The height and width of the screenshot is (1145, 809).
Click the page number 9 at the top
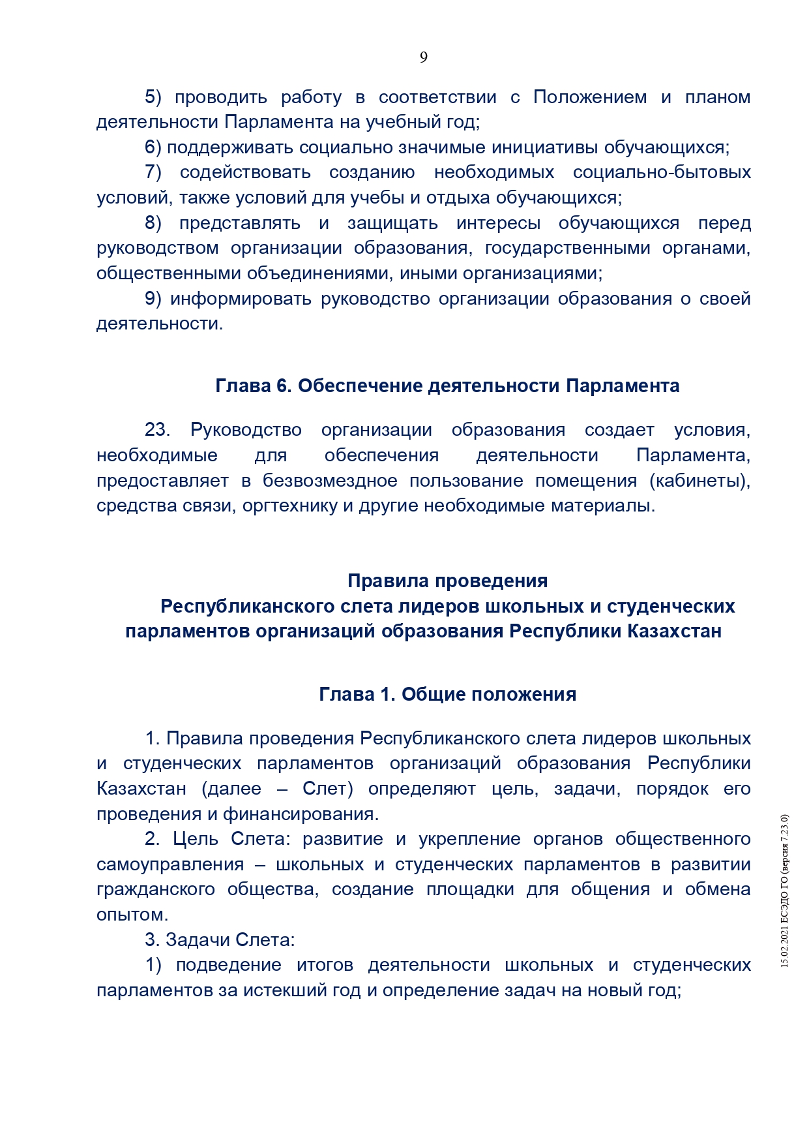coord(424,57)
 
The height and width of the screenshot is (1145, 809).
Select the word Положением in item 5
coord(590,97)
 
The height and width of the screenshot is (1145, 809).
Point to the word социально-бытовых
coord(662,173)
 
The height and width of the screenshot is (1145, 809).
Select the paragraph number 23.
coord(157,430)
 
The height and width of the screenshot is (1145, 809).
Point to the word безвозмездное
coord(330,481)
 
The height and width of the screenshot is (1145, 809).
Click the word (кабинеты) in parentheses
coord(699,481)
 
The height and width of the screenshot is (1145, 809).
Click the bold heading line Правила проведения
coord(447,581)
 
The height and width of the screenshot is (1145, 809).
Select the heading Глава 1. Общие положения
coord(447,695)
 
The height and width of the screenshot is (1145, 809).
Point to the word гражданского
coord(156,890)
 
